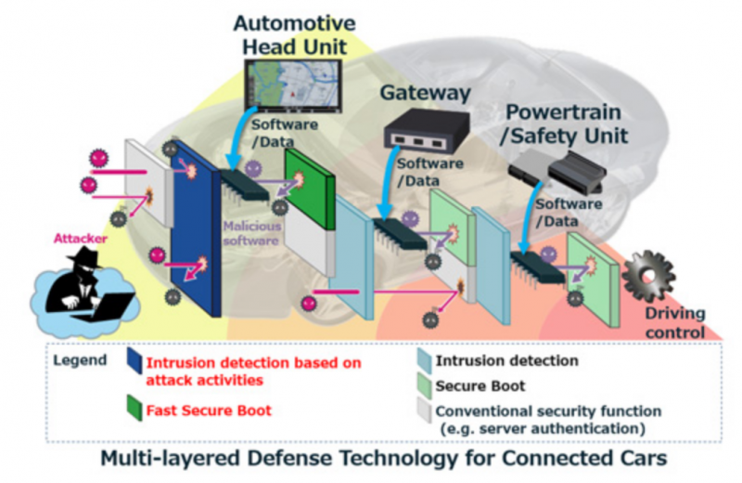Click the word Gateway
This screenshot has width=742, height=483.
click(x=426, y=93)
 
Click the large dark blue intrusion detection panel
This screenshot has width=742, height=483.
click(x=194, y=228)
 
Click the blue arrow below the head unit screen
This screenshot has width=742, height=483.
click(x=237, y=140)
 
